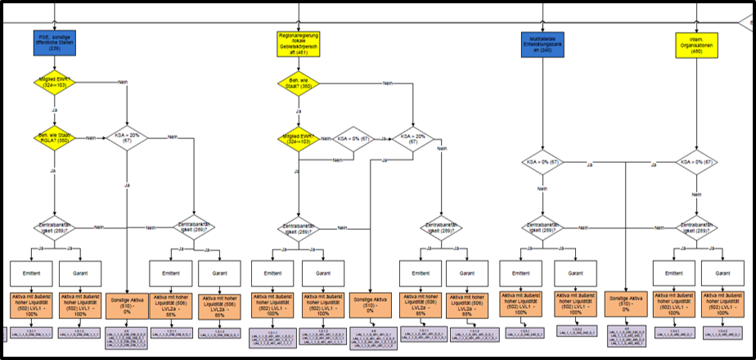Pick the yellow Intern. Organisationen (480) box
(x=696, y=43)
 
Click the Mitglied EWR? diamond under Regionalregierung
(x=298, y=139)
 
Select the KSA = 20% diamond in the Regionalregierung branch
(x=413, y=139)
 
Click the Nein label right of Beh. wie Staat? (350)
(x=366, y=81)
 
